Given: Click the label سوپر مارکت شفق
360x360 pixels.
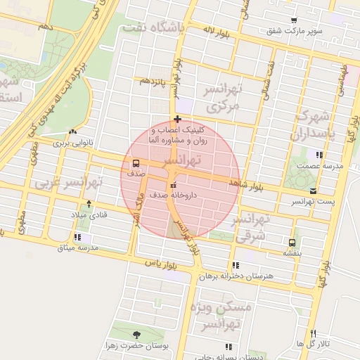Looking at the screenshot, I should pos(294,31).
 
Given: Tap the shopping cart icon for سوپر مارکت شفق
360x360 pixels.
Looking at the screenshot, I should pos(294,20).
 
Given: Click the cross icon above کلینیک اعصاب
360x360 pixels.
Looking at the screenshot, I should pos(178,119).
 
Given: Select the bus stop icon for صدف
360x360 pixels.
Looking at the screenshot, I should pos(135,163).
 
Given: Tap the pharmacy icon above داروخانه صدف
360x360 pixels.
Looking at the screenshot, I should pos(173,185).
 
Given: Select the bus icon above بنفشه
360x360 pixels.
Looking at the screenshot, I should pos(290,242).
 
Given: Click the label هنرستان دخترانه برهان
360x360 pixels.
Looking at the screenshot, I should pos(235,276).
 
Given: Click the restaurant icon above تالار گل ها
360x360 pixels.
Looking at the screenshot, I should pos(313,333).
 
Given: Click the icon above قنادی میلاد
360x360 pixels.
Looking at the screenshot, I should pos(89,204).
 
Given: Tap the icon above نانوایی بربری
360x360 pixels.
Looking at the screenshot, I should pos(74,131).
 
